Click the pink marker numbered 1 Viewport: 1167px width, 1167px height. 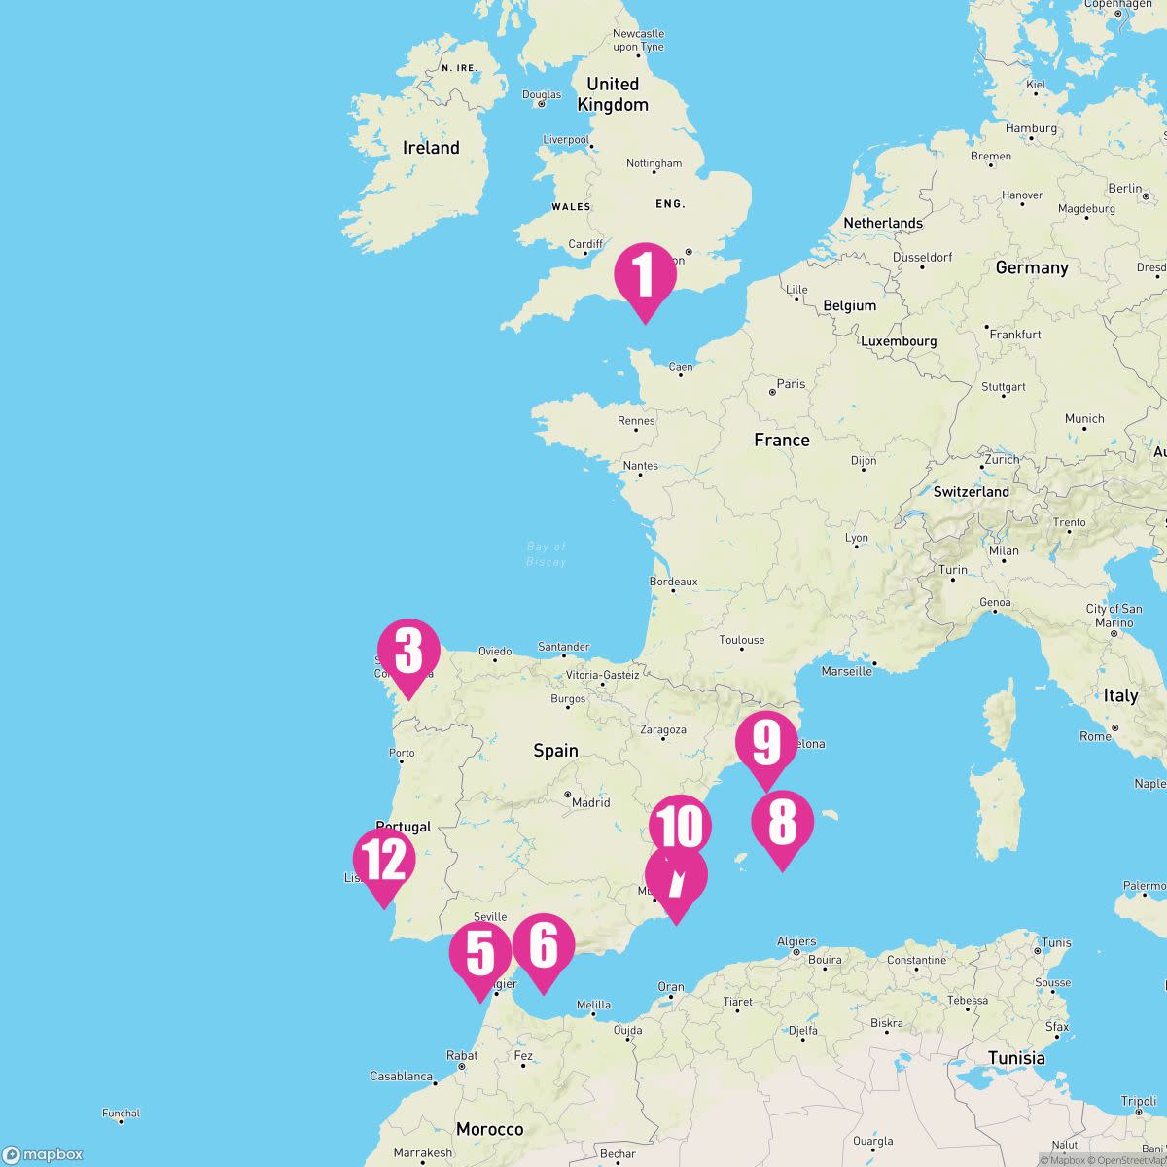(x=645, y=275)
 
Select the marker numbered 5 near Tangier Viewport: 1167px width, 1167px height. (x=480, y=954)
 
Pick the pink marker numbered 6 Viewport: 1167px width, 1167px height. (x=544, y=946)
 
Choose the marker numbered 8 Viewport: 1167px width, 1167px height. (x=782, y=824)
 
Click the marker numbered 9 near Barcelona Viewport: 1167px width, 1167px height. (x=766, y=744)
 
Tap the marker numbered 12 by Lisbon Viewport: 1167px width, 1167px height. (x=384, y=861)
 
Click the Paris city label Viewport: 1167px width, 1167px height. (x=791, y=384)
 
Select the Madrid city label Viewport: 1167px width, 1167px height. (x=590, y=802)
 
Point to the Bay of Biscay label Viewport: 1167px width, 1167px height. (x=546, y=554)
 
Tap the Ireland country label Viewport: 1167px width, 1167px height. (x=431, y=148)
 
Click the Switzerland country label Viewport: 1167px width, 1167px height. (x=971, y=492)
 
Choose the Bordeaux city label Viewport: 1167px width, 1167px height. (x=673, y=582)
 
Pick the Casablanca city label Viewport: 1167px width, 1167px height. (x=401, y=1077)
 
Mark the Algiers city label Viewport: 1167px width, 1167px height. (x=796, y=941)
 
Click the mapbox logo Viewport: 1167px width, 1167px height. (x=44, y=1154)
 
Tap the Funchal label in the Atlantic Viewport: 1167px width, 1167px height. (x=122, y=1114)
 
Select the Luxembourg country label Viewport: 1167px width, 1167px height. (x=898, y=341)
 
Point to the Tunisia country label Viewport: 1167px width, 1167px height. (x=1016, y=1058)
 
